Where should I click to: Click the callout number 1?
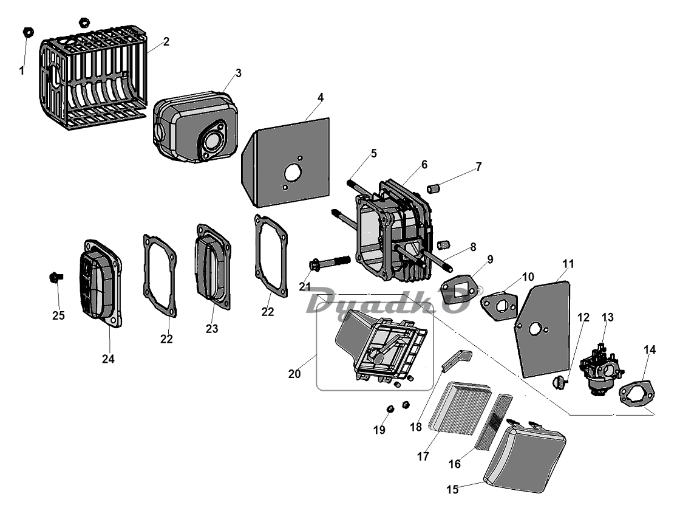pyautogui.click(x=22, y=70)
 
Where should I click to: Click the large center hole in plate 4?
pyautogui.click(x=291, y=174)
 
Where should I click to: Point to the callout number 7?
pyautogui.click(x=478, y=167)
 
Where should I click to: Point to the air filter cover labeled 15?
pyautogui.click(x=525, y=458)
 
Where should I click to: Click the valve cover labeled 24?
pyautogui.click(x=101, y=283)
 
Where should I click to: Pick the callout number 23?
pyautogui.click(x=212, y=329)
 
